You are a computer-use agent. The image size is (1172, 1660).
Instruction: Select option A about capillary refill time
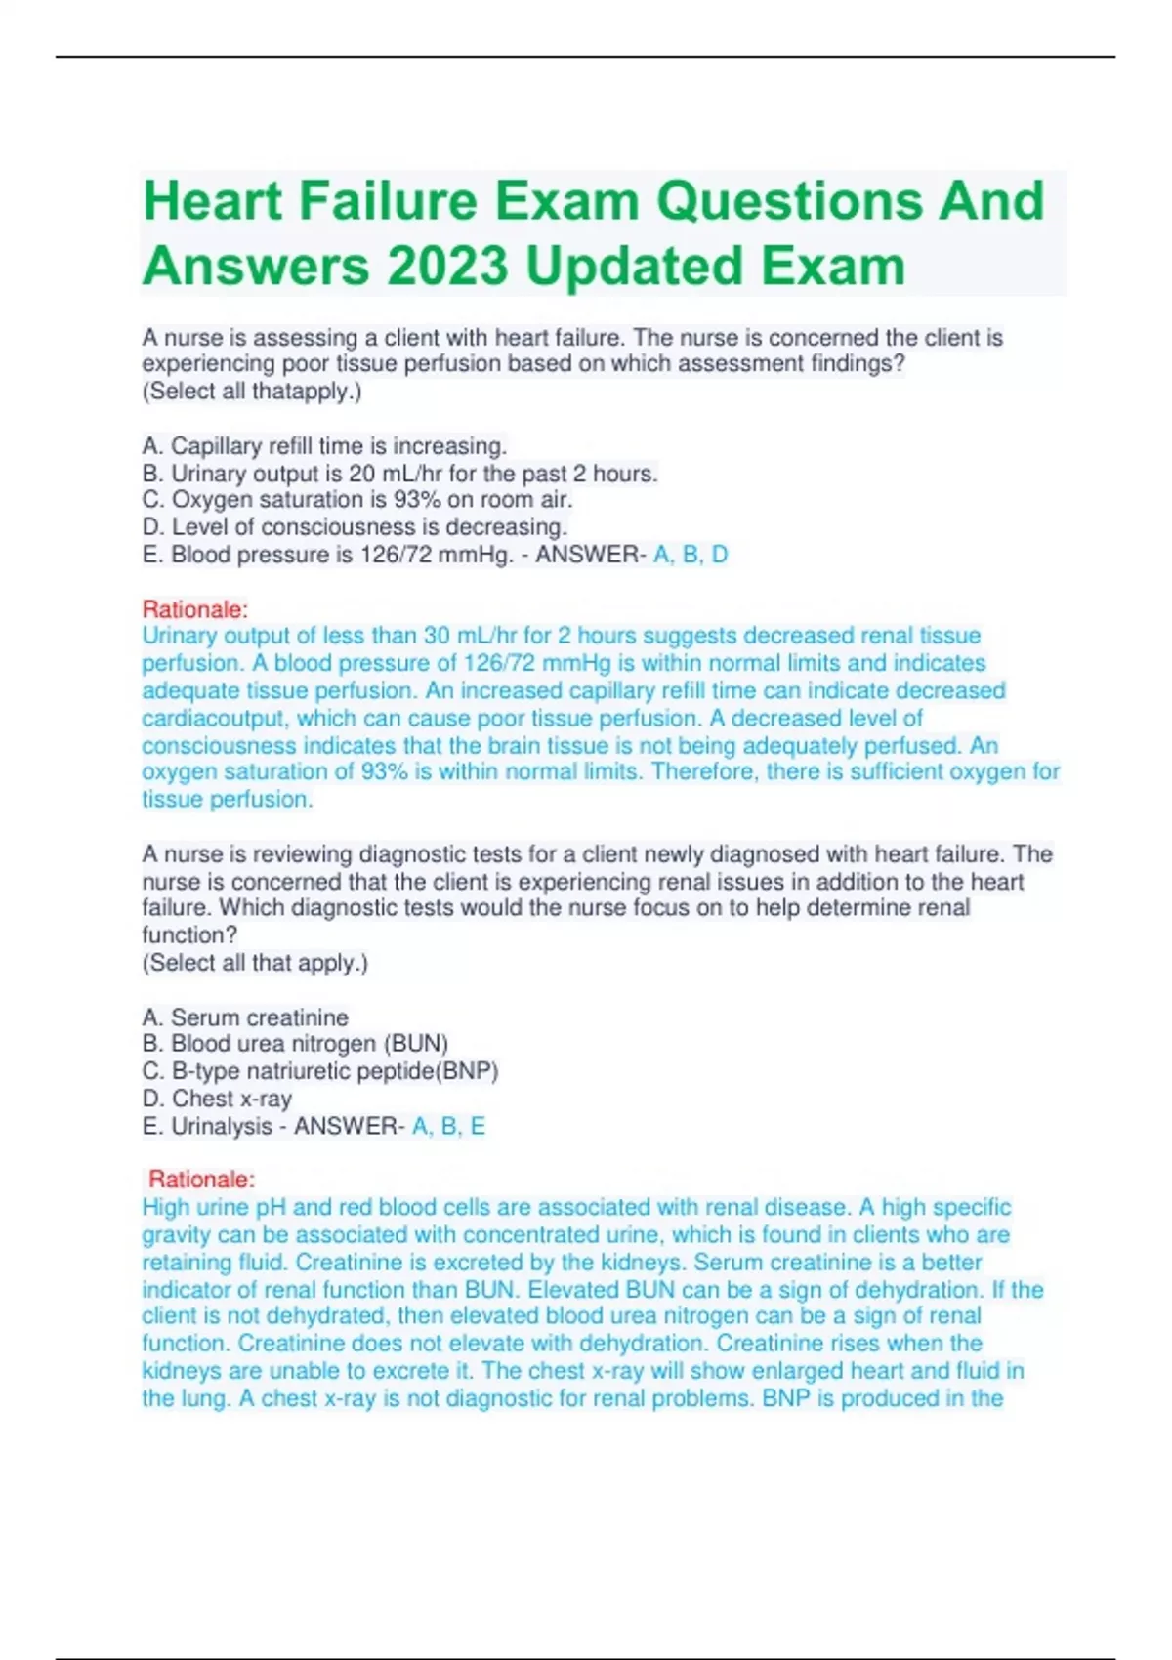324,446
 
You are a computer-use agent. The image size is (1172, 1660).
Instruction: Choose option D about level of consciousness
355,527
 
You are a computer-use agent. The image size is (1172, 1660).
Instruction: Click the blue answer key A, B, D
691,555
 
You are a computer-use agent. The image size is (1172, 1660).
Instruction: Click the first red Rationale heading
194,609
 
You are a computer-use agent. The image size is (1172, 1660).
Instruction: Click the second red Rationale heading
201,1180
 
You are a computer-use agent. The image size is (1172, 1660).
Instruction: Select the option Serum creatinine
245,1017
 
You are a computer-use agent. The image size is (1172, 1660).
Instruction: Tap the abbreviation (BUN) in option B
415,1044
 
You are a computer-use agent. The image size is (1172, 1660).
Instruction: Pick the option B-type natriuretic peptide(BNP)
320,1071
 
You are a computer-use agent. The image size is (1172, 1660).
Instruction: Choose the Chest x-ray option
218,1099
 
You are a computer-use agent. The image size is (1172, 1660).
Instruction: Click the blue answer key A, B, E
448,1126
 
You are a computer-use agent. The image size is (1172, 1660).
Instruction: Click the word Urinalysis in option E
222,1126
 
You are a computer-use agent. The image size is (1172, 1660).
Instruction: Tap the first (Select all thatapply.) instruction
252,392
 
